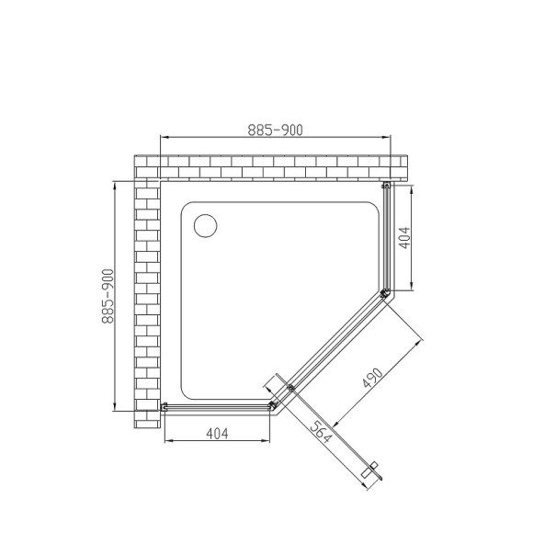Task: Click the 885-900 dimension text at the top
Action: pyautogui.click(x=276, y=130)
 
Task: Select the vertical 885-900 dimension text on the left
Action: pyautogui.click(x=108, y=297)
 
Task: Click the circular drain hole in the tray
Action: pyautogui.click(x=204, y=223)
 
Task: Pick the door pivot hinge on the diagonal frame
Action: pyautogui.click(x=290, y=389)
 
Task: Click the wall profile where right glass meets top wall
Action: pyautogui.click(x=386, y=187)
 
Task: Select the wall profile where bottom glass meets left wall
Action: pyautogui.click(x=165, y=405)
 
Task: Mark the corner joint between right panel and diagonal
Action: pyautogui.click(x=384, y=293)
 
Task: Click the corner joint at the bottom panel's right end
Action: pyautogui.click(x=272, y=404)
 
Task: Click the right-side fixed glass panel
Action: pyautogui.click(x=386, y=239)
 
